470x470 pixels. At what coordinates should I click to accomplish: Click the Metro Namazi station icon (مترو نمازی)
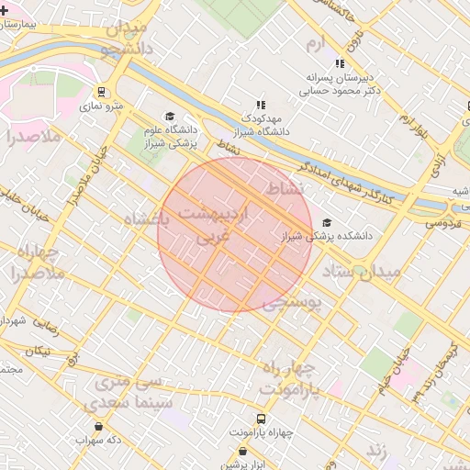point(102,93)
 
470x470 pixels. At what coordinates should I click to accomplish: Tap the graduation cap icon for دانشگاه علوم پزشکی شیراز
point(169,116)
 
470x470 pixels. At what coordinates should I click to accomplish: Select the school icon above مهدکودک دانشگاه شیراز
point(261,105)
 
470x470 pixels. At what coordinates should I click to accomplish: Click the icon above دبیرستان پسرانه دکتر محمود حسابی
point(340,64)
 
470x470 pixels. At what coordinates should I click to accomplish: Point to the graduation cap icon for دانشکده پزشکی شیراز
point(328,222)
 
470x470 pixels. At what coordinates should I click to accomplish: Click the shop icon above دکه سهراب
point(98,426)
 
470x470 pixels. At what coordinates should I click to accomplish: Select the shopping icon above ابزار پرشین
point(242,451)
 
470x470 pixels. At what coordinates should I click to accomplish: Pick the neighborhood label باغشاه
point(145,219)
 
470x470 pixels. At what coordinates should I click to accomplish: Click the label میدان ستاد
point(361,272)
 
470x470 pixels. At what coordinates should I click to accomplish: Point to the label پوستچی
point(292,305)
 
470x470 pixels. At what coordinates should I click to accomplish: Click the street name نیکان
point(39,351)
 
